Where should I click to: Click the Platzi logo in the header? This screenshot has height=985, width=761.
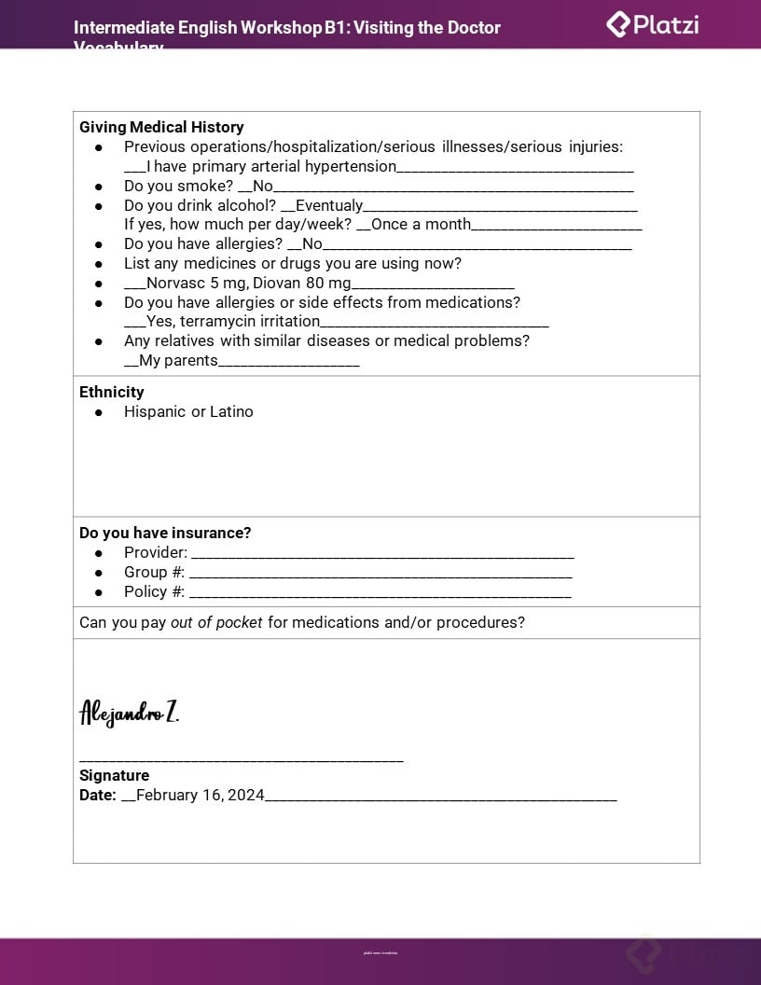tap(653, 24)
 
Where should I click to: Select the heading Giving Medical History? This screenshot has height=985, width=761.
tap(161, 127)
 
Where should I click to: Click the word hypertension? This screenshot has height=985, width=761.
tap(351, 166)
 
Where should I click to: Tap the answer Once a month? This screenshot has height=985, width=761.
tap(421, 224)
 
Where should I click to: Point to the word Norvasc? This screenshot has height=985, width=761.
tap(175, 283)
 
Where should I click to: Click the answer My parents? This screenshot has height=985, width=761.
tap(178, 360)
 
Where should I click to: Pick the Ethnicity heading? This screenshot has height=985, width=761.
tap(112, 392)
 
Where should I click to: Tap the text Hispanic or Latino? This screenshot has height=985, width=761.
tap(188, 411)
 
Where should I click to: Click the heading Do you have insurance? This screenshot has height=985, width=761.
tap(165, 533)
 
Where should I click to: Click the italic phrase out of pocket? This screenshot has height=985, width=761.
tap(216, 622)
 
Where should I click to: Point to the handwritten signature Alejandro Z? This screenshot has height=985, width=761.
tap(129, 714)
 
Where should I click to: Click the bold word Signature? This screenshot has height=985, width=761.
tap(114, 775)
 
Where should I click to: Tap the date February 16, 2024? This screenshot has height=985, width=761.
tap(201, 795)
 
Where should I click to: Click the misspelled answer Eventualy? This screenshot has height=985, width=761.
tap(328, 205)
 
